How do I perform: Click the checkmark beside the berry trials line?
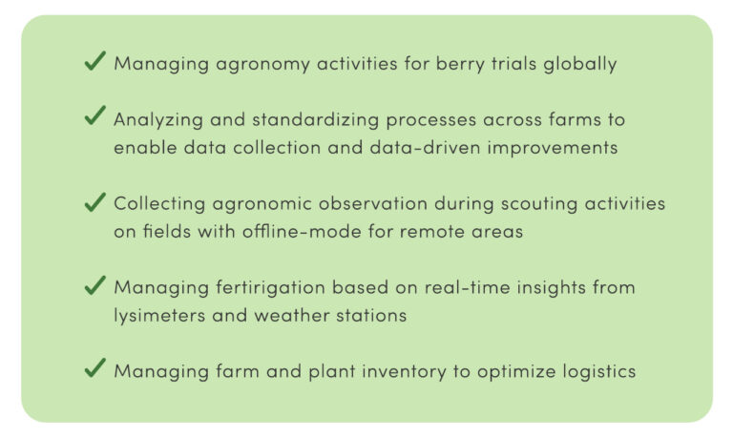point(95,61)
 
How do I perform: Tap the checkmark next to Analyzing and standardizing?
point(95,115)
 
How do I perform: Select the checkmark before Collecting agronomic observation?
point(95,202)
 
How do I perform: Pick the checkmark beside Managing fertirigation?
point(95,285)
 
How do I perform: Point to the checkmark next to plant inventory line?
point(95,368)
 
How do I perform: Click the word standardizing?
point(316,120)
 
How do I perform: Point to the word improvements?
point(553,148)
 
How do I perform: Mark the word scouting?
point(539,204)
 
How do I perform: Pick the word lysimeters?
point(159,316)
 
